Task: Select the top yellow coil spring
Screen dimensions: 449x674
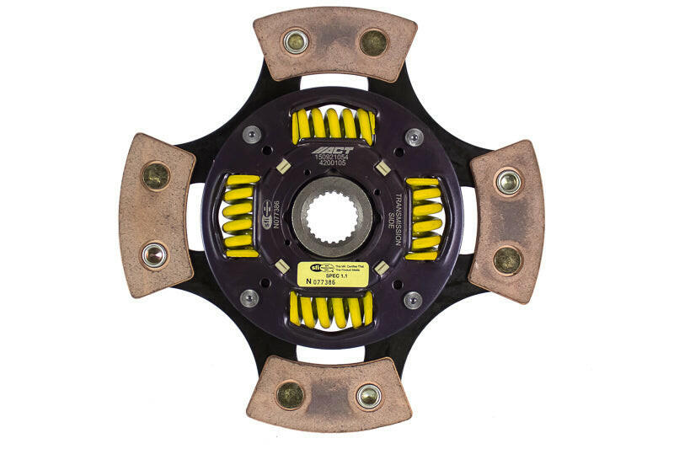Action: coord(333,126)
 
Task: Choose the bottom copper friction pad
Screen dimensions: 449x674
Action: coord(329,393)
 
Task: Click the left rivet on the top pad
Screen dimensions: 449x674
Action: coord(296,41)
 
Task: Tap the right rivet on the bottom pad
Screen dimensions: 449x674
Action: coord(368,395)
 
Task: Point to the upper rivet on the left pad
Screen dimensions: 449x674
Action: coord(156,175)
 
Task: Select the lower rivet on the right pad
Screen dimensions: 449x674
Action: coord(507,259)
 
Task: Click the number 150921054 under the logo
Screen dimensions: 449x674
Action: coord(331,158)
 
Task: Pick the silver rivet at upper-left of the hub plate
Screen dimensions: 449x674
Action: coord(251,135)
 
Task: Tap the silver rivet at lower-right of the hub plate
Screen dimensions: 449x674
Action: coord(412,299)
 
